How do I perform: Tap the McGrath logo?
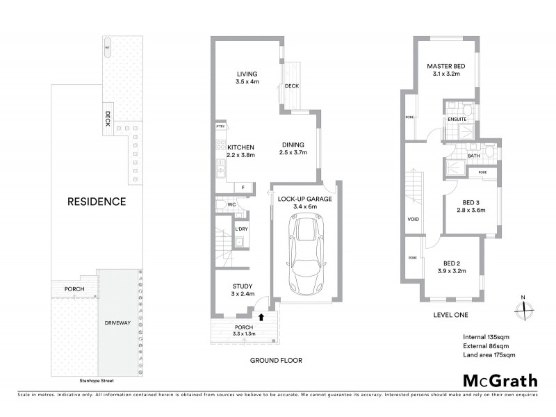(x=500, y=380)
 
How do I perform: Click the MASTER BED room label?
(x=445, y=66)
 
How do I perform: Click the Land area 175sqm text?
(x=489, y=355)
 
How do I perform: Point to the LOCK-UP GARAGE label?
(x=305, y=198)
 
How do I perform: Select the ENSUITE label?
(x=457, y=119)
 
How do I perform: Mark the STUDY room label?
(x=241, y=286)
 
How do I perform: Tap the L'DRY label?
(x=241, y=229)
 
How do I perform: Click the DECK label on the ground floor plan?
(x=291, y=87)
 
